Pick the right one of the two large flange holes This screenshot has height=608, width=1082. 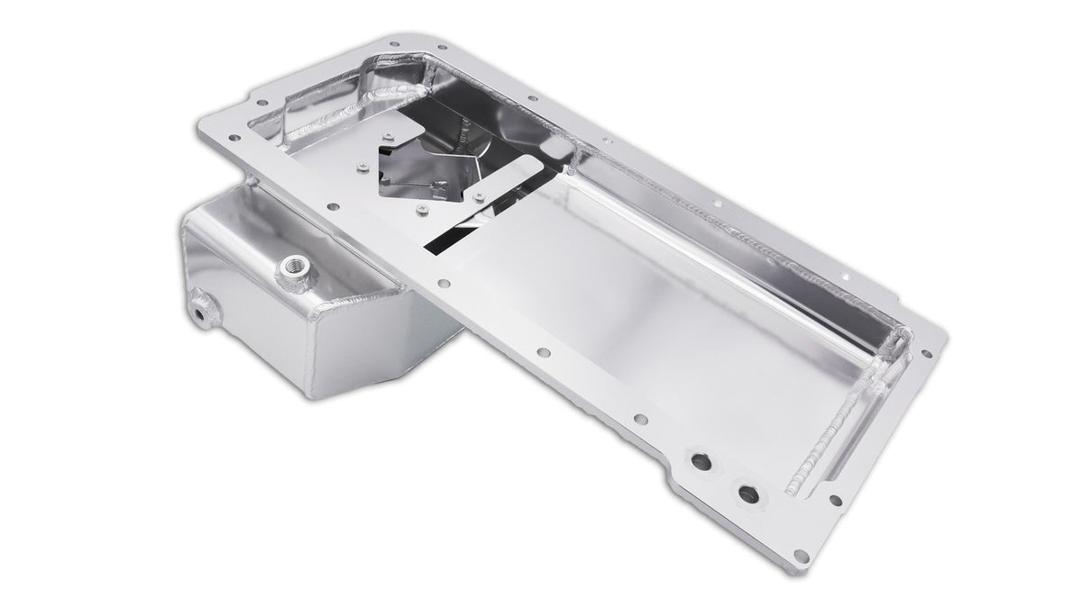(x=747, y=494)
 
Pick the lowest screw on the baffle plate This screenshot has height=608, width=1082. (x=419, y=212)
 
